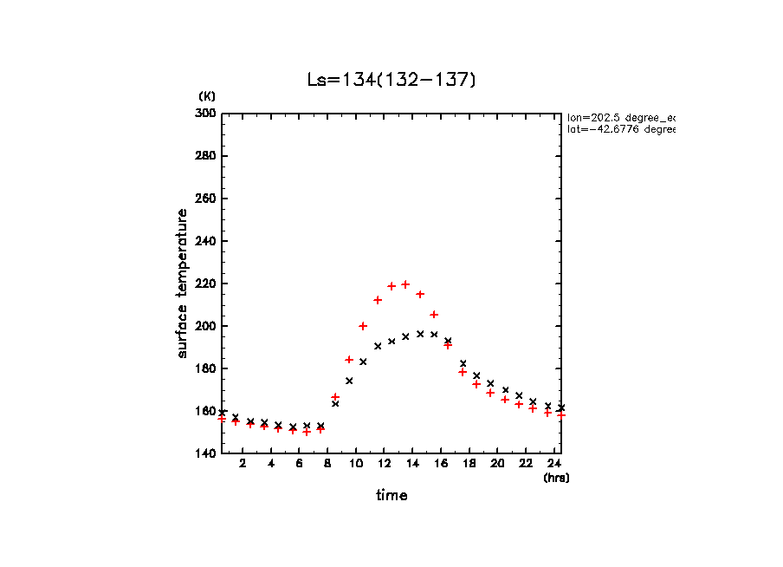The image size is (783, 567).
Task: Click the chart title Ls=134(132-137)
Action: pyautogui.click(x=391, y=80)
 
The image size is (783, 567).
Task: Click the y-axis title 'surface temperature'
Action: pyautogui.click(x=183, y=283)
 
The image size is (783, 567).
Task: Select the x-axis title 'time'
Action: pyautogui.click(x=391, y=496)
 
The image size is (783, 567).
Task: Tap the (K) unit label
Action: pyautogui.click(x=207, y=95)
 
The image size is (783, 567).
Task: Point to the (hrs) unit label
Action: pyautogui.click(x=556, y=478)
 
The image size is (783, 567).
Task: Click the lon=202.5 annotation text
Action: pyautogui.click(x=619, y=117)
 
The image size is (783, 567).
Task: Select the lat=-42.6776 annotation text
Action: pyautogui.click(x=619, y=129)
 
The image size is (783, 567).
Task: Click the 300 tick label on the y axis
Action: pyautogui.click(x=207, y=114)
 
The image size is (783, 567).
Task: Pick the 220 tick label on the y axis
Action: pyautogui.click(x=207, y=283)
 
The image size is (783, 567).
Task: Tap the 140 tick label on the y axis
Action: pyautogui.click(x=207, y=453)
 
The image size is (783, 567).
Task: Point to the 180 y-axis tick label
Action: pyautogui.click(x=207, y=368)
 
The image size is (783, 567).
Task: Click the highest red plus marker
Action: pyautogui.click(x=405, y=284)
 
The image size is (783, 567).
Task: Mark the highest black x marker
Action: pyautogui.click(x=420, y=334)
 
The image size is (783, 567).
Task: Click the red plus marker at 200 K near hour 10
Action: pyautogui.click(x=363, y=326)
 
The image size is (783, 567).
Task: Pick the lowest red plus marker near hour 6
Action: pyautogui.click(x=307, y=432)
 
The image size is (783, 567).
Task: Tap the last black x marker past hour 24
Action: pyautogui.click(x=561, y=407)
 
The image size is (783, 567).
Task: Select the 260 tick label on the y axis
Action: pyautogui.click(x=207, y=199)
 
